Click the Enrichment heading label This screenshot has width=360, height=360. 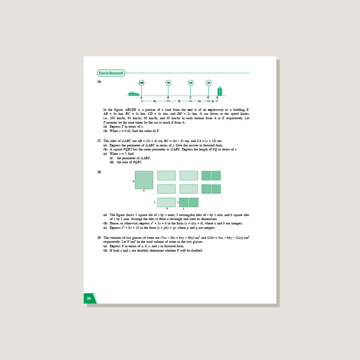coord(111,73)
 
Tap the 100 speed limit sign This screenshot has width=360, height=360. coord(141,83)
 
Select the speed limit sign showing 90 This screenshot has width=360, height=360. coord(168,83)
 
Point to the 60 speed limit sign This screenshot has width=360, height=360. coord(190,83)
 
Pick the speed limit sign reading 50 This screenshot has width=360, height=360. coord(208,83)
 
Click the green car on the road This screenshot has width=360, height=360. coord(134,94)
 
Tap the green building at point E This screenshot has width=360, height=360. coord(220,92)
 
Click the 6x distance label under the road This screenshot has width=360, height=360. coord(155,101)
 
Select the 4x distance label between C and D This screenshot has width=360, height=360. coord(199,101)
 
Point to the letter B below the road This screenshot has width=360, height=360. coord(168,98)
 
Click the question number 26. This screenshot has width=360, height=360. coord(99,82)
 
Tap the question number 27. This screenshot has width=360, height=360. coord(99,141)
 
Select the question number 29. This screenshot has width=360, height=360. coord(99,238)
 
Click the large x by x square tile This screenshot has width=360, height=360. coord(144,180)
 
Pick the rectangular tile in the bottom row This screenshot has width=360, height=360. coord(166,202)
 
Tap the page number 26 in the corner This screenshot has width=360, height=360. coord(89,298)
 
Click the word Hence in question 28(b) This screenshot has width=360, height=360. coord(114,224)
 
